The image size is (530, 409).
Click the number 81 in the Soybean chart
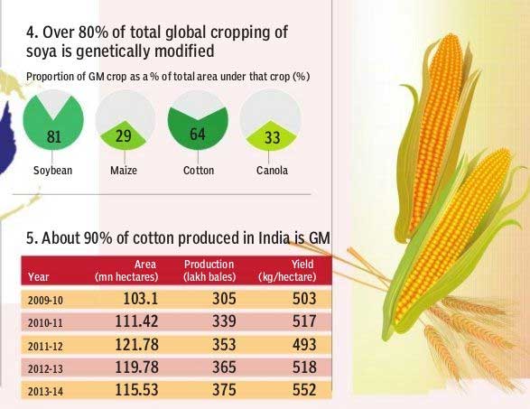click(x=54, y=137)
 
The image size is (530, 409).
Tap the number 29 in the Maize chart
click(x=124, y=136)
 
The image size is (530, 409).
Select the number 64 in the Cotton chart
click(x=198, y=134)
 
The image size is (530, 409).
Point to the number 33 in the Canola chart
click(x=272, y=137)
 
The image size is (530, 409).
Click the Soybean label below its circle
click(x=52, y=170)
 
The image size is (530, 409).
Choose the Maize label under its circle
click(x=124, y=170)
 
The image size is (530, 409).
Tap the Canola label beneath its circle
click(x=272, y=170)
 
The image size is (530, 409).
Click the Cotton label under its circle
click(x=199, y=170)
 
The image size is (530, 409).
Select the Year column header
click(x=39, y=277)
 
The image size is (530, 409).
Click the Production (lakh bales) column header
click(x=209, y=271)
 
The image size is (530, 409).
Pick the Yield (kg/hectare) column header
click(x=287, y=271)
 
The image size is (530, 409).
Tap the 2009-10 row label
click(x=45, y=300)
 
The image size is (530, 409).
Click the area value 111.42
click(x=136, y=321)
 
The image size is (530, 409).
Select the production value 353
click(x=224, y=344)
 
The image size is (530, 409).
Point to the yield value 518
click(x=304, y=367)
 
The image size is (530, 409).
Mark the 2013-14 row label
click(x=45, y=392)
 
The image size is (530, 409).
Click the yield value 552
click(x=304, y=390)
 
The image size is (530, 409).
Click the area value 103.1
click(x=140, y=299)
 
